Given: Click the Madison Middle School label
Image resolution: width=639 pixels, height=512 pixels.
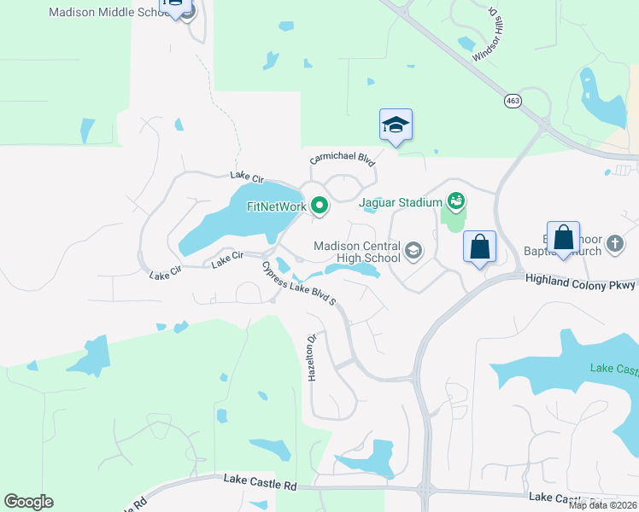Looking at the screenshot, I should (108, 13).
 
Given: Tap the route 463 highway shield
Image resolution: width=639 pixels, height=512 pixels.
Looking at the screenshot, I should (513, 101).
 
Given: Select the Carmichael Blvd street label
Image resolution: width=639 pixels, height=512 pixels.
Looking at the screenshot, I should (343, 160).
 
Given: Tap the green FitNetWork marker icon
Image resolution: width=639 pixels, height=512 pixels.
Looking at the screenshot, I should (319, 205).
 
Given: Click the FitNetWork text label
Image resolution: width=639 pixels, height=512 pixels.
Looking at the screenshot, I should (277, 206).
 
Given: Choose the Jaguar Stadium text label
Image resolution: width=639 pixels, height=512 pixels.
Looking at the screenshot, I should (401, 202).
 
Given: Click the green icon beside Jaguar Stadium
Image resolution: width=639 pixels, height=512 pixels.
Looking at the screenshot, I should (456, 201).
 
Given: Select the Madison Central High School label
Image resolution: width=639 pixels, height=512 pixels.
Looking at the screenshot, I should (356, 252).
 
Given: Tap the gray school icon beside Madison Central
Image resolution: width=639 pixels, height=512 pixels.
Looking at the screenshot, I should (413, 250).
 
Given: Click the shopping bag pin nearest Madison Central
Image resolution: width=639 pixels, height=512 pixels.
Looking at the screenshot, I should (479, 247).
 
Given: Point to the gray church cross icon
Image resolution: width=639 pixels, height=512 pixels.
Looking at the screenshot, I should (614, 245).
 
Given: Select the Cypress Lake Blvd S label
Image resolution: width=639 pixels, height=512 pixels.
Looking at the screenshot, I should (299, 284).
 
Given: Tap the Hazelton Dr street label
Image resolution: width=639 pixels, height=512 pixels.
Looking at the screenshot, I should (312, 357).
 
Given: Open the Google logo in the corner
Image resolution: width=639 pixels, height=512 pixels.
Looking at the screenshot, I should (28, 502).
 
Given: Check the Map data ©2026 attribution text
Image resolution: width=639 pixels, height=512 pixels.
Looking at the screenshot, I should (602, 505).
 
